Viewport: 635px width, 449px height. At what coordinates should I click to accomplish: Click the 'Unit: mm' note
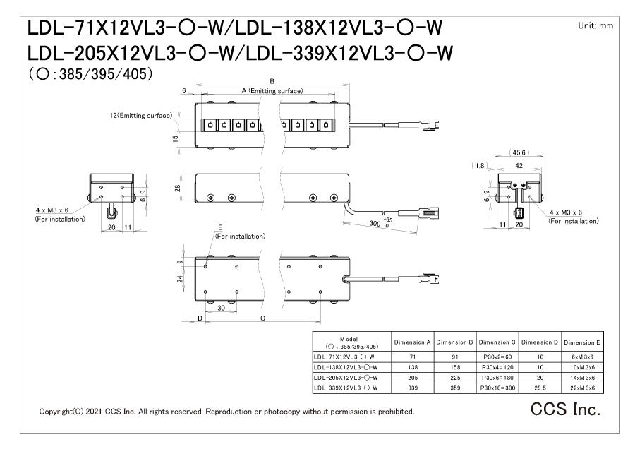595,26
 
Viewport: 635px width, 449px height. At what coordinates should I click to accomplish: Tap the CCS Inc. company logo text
565,409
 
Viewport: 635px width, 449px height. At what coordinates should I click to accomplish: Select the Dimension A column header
412,342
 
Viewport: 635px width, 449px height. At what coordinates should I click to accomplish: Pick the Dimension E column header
582,342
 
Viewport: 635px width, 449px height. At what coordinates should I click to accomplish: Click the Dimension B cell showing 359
455,388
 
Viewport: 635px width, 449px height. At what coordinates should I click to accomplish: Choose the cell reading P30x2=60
497,357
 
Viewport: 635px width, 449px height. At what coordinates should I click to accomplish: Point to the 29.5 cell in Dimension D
540,388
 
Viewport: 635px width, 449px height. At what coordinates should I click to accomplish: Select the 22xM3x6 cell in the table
582,388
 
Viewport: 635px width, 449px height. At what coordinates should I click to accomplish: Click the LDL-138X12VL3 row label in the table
346,368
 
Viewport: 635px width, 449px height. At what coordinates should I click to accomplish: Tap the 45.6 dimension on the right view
519,152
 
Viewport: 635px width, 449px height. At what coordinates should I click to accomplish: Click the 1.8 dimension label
480,165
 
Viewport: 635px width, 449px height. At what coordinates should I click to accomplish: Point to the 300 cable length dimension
375,223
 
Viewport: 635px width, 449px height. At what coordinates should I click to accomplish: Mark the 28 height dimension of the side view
177,188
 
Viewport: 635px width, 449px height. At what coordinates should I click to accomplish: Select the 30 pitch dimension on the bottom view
221,308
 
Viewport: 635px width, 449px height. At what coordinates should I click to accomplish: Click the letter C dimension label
263,318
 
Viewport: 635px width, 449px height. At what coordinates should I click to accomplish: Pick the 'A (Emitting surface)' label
272,91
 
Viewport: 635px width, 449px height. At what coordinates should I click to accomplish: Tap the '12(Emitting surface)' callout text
141,116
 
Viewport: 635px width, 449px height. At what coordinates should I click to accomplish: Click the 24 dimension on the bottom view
180,279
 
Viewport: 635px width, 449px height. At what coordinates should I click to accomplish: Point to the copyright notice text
226,412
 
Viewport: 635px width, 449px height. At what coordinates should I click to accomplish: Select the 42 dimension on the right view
519,165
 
